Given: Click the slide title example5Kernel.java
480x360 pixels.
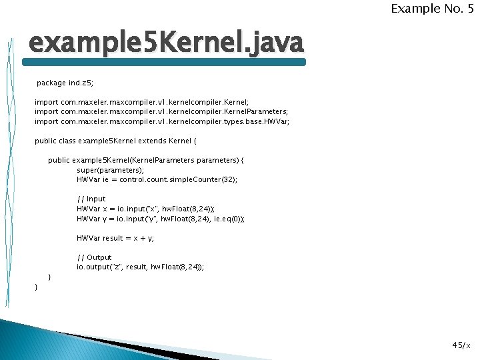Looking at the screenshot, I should (165, 43).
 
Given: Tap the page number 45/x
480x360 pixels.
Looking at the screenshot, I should (461, 345).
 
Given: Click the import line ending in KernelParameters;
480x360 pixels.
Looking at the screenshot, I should (161, 112).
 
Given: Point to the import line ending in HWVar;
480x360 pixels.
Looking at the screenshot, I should (162, 122).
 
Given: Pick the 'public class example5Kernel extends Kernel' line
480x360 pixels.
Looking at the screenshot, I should (116, 141).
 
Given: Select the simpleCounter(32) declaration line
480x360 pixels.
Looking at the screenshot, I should (157, 179).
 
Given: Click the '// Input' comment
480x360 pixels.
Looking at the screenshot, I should (91, 199).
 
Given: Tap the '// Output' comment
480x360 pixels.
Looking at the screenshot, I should (94, 257).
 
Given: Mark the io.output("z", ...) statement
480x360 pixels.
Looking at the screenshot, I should (141, 267).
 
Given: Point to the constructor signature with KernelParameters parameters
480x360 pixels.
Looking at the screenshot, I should (146, 161).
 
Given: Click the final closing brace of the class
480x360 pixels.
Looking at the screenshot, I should (37, 287).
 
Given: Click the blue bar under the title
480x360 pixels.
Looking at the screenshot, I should (164, 62).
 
